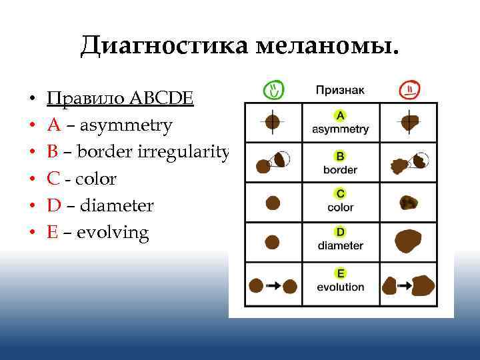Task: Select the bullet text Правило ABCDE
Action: coord(121,99)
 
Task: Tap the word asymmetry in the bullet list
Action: coord(125,125)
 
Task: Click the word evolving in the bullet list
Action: coord(113,233)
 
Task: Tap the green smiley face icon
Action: coord(273,89)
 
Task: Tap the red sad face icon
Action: coord(407,89)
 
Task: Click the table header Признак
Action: coord(340,89)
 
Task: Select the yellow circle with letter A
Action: coord(340,115)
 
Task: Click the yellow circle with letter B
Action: coord(340,156)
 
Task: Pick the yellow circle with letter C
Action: coord(340,194)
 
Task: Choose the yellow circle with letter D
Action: coord(340,232)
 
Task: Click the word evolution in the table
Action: coord(340,287)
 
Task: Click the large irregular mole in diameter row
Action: coord(409,241)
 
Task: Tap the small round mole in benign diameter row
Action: coord(273,241)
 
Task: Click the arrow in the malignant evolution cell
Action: coord(403,285)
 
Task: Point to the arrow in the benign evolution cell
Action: coord(273,286)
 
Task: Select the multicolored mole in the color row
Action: coord(407,203)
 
